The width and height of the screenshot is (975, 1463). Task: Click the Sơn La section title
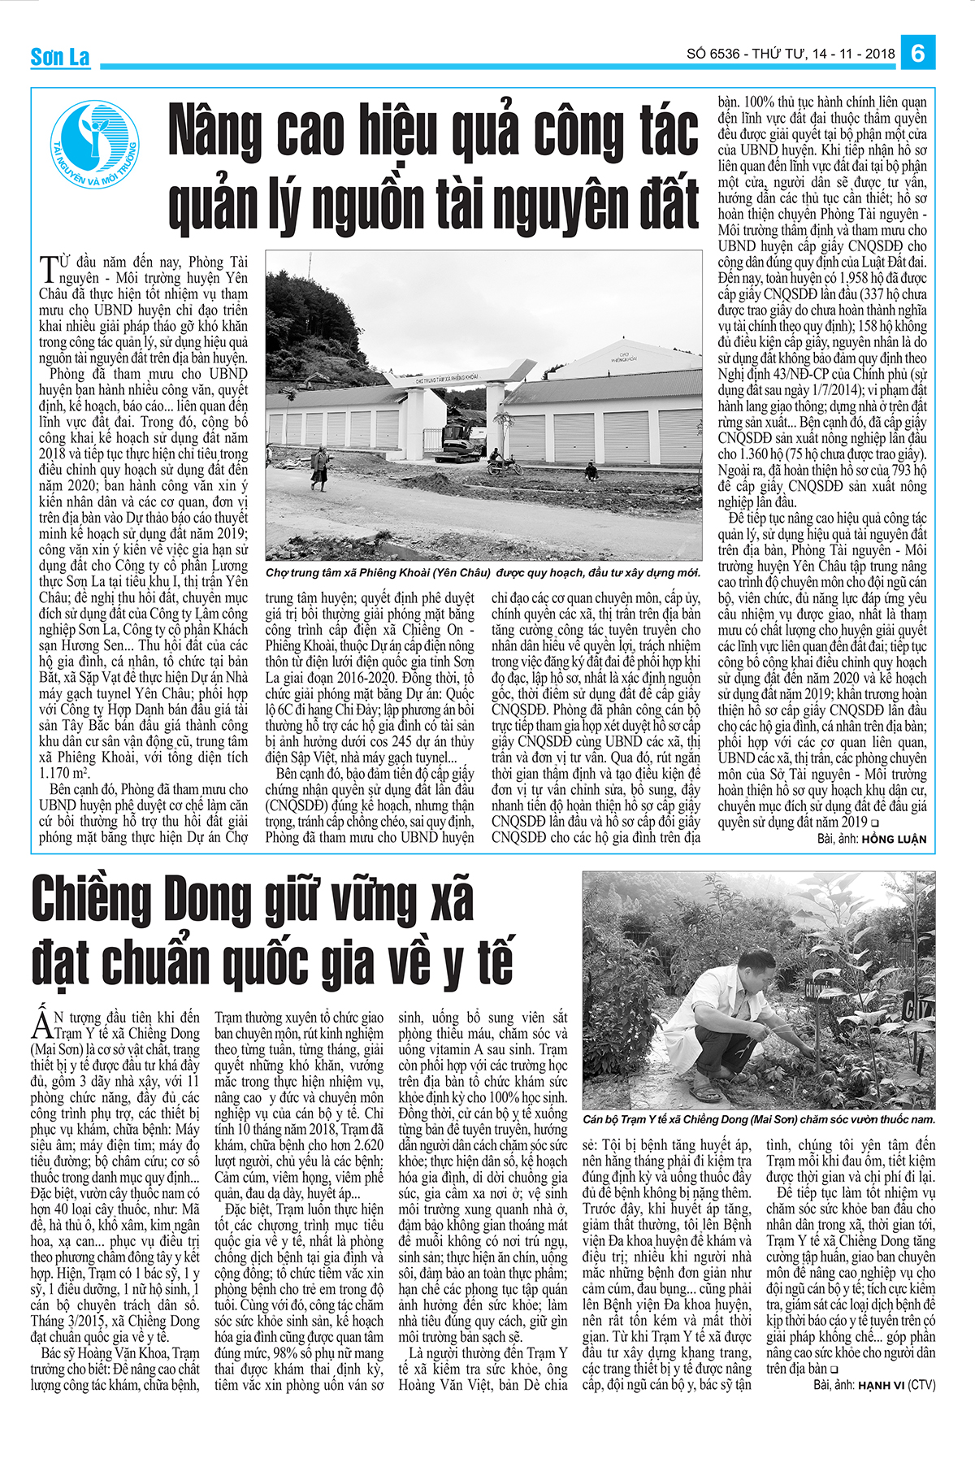pyautogui.click(x=60, y=57)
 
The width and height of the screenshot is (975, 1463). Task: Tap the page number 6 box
pyautogui.click(x=917, y=53)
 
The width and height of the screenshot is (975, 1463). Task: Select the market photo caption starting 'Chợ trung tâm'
pyautogui.click(x=483, y=573)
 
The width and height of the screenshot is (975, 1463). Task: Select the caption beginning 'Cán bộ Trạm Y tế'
pyautogui.click(x=759, y=1119)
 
